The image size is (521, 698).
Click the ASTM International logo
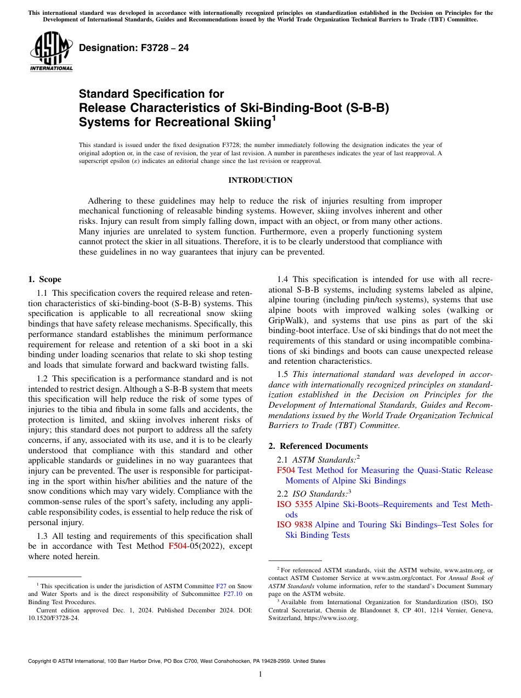tap(51, 53)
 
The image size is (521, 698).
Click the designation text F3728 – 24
tap(134, 48)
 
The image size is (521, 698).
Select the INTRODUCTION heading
tap(260, 180)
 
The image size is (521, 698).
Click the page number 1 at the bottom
tap(260, 674)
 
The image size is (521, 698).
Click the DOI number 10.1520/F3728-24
tap(53, 618)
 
